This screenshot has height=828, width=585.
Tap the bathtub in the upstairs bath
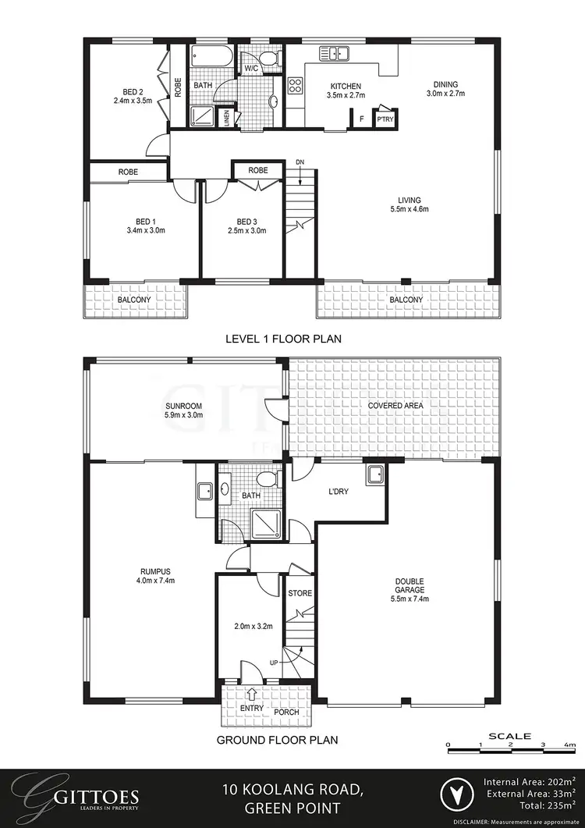tap(210, 57)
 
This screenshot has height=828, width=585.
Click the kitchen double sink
tap(333, 53)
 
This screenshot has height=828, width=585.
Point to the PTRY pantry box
tap(385, 119)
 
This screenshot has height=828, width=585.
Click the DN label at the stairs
tap(300, 162)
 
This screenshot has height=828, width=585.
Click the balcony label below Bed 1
tap(135, 299)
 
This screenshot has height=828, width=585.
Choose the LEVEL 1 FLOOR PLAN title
tap(283, 339)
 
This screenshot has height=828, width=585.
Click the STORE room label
tap(300, 593)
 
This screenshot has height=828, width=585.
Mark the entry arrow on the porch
tap(252, 691)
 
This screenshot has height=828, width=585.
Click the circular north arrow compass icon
tap(459, 796)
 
